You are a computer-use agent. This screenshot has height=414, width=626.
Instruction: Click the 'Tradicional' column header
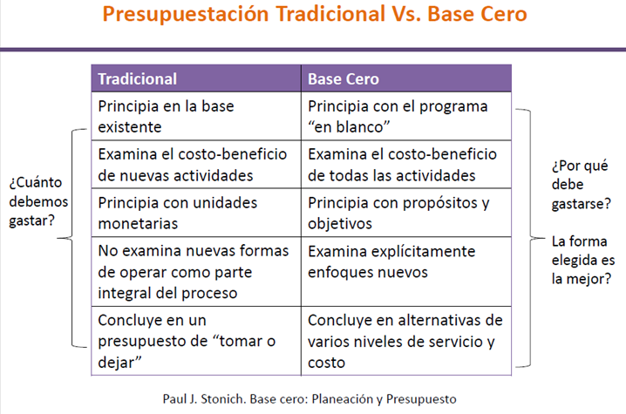[x=196, y=78]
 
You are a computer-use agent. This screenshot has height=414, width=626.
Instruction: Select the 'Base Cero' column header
[x=406, y=78]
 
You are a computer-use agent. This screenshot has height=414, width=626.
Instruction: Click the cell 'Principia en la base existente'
[x=196, y=116]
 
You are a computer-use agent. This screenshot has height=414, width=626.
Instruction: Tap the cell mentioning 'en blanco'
[x=406, y=116]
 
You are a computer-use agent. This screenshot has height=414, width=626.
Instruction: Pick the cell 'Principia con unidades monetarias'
[x=196, y=213]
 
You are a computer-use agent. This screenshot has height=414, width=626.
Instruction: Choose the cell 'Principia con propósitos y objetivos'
[x=406, y=213]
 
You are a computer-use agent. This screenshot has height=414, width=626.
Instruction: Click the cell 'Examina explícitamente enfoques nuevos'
[x=406, y=272]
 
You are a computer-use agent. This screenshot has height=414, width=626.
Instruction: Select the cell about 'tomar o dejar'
[x=196, y=341]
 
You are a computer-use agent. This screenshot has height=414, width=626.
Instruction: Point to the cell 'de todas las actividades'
[x=406, y=165]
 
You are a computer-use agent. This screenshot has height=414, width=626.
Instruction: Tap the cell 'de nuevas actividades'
[x=196, y=165]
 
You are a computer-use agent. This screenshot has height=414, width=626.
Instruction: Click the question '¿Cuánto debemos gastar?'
[x=38, y=201]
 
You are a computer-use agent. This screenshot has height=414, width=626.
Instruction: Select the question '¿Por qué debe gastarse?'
[x=581, y=185]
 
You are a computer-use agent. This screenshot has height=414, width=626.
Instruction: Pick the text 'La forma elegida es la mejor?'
[x=583, y=260]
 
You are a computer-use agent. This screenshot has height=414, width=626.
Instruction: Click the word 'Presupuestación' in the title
[x=186, y=14]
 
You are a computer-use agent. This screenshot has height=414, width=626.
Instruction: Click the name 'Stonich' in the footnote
[x=223, y=399]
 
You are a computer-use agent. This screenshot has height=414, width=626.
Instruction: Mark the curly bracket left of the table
[x=72, y=238]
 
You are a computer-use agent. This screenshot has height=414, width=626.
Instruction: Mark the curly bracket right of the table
[x=530, y=238]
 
